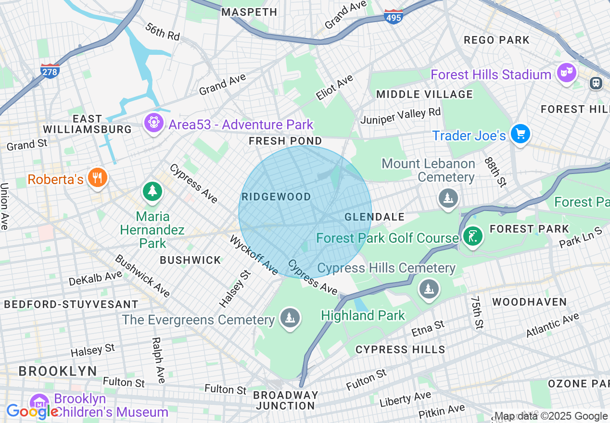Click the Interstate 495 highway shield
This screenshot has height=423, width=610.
(x=394, y=17)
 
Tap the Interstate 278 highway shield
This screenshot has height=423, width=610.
(x=50, y=71)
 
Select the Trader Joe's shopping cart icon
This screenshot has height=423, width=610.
(x=520, y=134)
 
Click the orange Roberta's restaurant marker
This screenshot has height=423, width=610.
(x=98, y=178)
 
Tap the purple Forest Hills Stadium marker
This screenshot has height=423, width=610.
(x=566, y=74)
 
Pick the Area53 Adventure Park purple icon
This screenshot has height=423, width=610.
(x=153, y=124)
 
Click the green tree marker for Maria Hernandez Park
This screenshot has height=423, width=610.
(x=152, y=191)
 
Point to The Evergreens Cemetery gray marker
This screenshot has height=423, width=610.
(x=290, y=318)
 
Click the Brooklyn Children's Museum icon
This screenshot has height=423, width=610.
(x=39, y=404)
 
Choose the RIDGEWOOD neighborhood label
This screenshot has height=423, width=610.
(x=276, y=197)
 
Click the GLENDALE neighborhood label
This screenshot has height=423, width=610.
(x=375, y=217)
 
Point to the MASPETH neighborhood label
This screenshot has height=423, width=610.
(x=249, y=12)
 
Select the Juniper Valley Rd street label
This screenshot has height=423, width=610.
(x=400, y=116)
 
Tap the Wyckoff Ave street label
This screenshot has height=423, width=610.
(x=254, y=255)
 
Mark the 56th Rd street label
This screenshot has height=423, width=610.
(x=162, y=31)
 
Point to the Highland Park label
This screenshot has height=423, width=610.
(x=363, y=315)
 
